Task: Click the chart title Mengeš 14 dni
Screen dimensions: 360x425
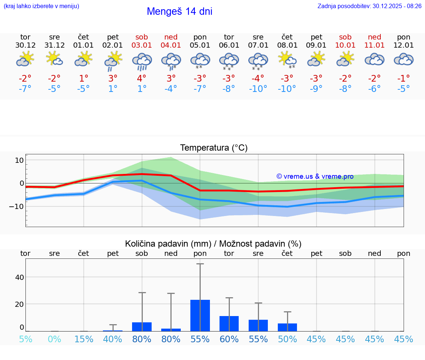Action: (x=179, y=11)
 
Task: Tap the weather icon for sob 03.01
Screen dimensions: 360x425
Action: (x=142, y=61)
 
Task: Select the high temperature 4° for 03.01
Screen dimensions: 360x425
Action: (x=142, y=79)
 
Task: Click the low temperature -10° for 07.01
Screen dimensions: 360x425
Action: (x=258, y=89)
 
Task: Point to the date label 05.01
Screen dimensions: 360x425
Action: (x=200, y=45)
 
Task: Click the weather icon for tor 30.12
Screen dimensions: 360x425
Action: (x=25, y=59)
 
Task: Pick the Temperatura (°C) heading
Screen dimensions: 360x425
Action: (x=214, y=148)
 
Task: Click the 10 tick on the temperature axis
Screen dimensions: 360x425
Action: (x=19, y=160)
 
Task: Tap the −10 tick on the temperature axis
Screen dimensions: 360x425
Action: (x=17, y=206)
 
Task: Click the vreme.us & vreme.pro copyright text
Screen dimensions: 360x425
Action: (x=315, y=176)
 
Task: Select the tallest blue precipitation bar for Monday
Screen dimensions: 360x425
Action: (x=200, y=315)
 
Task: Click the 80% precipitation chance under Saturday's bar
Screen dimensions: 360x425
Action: (x=142, y=339)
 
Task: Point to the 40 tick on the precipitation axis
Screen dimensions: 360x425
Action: (x=19, y=277)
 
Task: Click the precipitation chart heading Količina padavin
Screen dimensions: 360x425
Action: (x=213, y=244)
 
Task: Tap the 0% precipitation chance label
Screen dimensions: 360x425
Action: (x=54, y=339)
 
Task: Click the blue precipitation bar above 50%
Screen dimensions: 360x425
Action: (x=287, y=327)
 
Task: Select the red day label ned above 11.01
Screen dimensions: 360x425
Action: (x=374, y=37)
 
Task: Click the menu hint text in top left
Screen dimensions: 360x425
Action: (x=41, y=6)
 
